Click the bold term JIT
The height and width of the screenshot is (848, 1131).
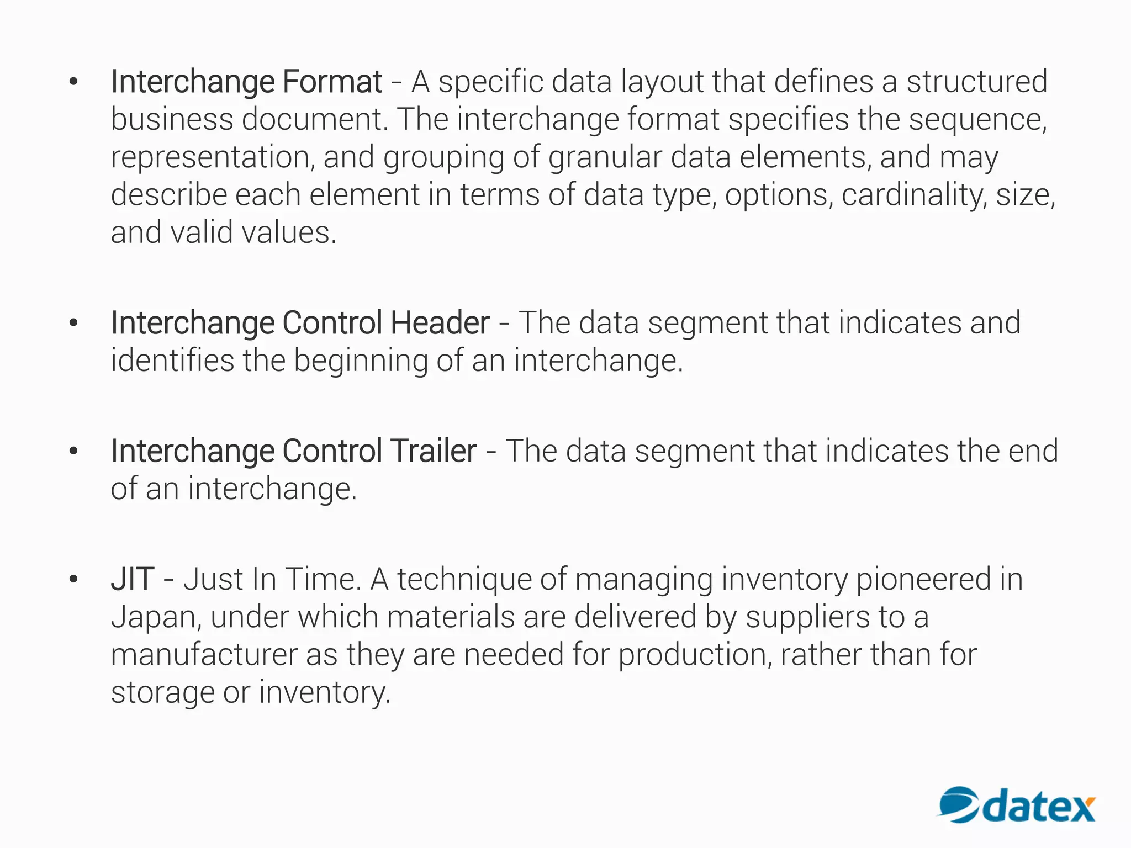133,580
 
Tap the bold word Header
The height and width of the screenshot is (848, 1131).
440,323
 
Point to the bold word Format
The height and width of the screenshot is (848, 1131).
332,82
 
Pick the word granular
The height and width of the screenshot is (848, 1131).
605,157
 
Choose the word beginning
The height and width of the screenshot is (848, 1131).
360,362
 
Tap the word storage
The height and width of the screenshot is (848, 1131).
162,693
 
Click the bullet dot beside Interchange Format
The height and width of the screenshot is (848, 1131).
73,83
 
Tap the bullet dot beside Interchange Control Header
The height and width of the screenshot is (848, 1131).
73,324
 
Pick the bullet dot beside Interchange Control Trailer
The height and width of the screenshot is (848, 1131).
73,452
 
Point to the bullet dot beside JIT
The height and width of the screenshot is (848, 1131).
73,580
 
